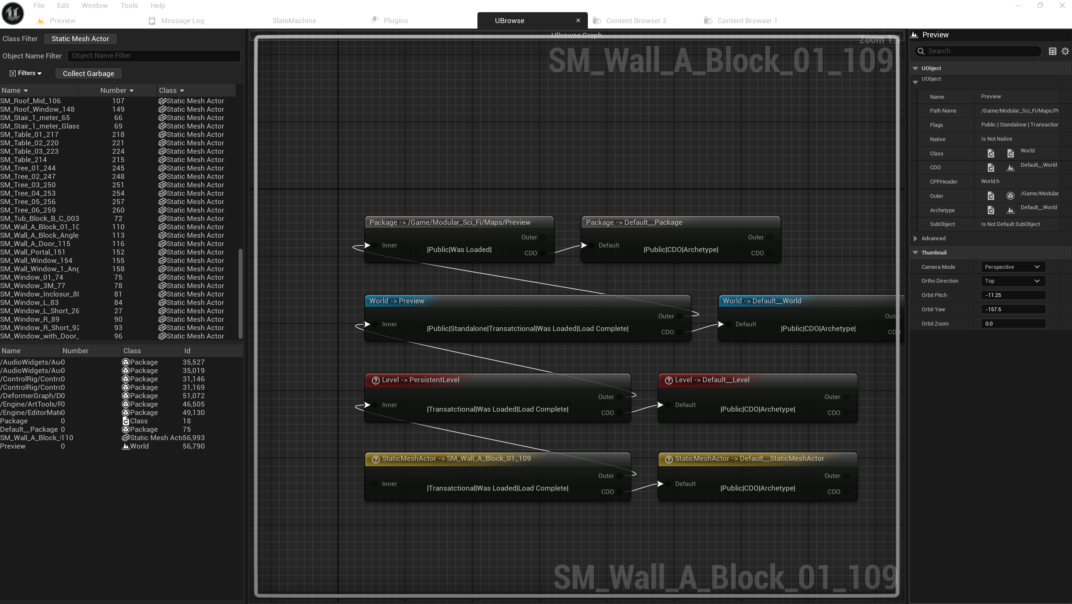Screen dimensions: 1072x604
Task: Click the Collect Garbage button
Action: pos(88,74)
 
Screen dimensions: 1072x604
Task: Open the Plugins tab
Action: pos(395,21)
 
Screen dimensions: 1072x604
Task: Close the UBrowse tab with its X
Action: pos(578,20)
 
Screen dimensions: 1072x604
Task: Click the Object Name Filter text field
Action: pos(154,56)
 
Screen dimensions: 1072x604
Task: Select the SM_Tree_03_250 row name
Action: pos(28,185)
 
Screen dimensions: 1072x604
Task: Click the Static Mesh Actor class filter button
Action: pos(80,39)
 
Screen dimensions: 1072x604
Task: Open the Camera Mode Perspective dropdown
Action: pos(1012,267)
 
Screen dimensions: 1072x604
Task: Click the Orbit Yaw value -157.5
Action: pos(1012,309)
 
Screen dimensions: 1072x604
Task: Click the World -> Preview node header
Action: pos(397,301)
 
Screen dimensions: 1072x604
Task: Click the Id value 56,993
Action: pos(194,438)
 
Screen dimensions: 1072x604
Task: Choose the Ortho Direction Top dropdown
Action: pos(1012,281)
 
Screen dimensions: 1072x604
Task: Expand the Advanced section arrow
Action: pos(915,239)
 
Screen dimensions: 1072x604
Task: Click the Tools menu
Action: pos(129,5)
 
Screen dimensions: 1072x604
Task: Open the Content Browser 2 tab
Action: pos(636,21)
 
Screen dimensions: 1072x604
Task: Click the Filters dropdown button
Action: pos(26,73)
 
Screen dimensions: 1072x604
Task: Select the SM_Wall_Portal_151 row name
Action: pos(33,252)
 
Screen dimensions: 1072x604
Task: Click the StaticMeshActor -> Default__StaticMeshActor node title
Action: pos(749,458)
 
